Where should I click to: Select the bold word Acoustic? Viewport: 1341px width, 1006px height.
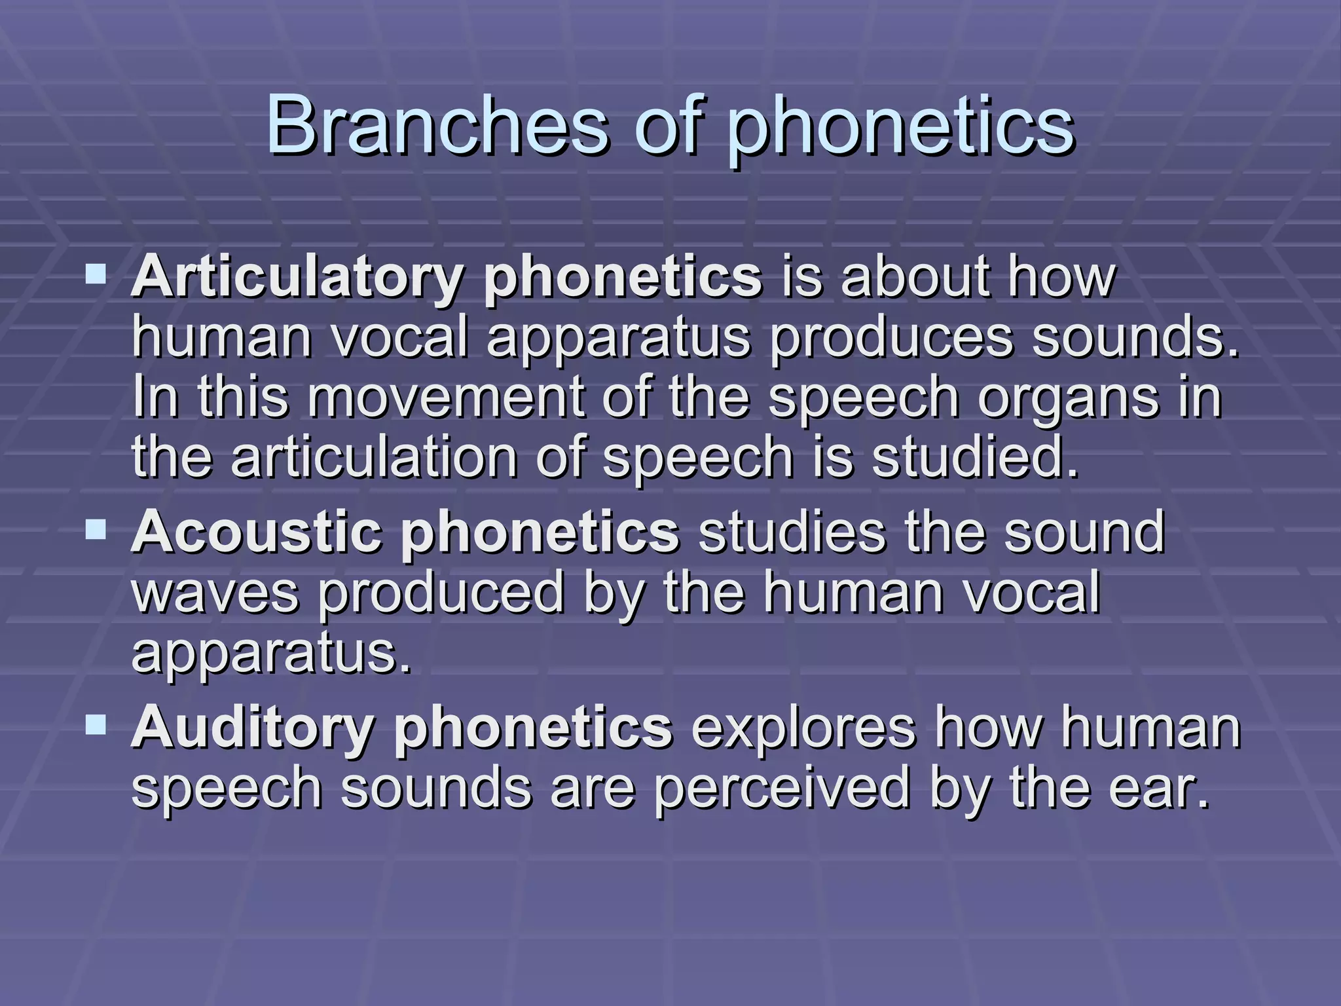(256, 532)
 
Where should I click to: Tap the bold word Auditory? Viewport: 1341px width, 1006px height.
(252, 727)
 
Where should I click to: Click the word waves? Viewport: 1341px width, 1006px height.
(215, 593)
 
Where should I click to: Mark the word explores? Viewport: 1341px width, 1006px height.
(803, 727)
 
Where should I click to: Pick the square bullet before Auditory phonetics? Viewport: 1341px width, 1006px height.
(96, 723)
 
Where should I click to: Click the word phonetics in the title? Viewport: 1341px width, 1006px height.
(901, 124)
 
